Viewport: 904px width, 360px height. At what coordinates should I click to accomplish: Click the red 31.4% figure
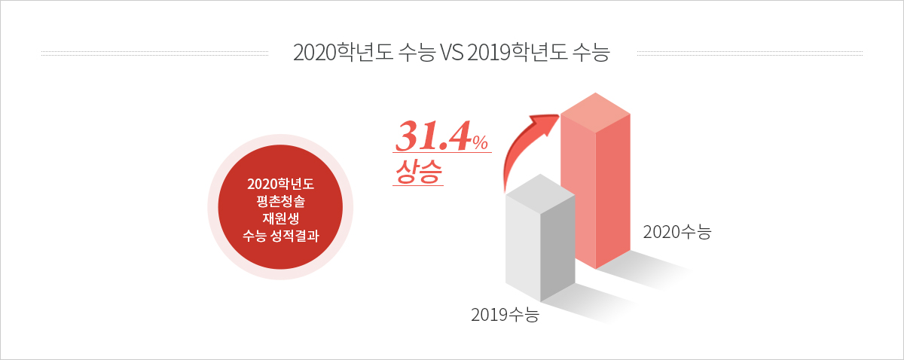(x=442, y=136)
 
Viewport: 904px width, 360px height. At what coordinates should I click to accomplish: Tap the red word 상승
(x=419, y=172)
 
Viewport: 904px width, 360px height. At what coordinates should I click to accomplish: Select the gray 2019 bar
(x=540, y=238)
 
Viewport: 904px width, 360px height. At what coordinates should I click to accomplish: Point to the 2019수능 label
(x=505, y=315)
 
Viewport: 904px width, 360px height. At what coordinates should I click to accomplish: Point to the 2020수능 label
(x=676, y=232)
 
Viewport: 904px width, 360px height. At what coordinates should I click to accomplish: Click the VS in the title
(x=451, y=53)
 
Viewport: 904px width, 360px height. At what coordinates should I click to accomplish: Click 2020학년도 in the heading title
(x=344, y=53)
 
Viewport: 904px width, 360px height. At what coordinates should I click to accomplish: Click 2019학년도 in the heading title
(x=518, y=53)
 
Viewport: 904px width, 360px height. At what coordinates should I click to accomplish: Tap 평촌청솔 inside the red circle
(x=280, y=201)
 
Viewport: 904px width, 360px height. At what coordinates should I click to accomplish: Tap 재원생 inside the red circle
(x=280, y=218)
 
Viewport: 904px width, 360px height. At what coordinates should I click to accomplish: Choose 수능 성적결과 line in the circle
(x=280, y=236)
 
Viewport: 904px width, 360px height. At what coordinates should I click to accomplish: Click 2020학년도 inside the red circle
(x=280, y=184)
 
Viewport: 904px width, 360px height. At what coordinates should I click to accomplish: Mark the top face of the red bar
(x=595, y=113)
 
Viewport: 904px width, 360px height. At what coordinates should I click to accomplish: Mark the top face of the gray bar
(x=540, y=194)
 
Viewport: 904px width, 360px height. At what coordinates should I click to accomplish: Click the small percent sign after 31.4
(x=481, y=142)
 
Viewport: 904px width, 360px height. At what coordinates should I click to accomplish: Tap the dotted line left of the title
(x=154, y=53)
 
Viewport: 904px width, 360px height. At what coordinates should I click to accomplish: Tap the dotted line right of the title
(x=750, y=53)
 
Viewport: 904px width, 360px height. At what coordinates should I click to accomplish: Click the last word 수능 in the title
(x=591, y=53)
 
